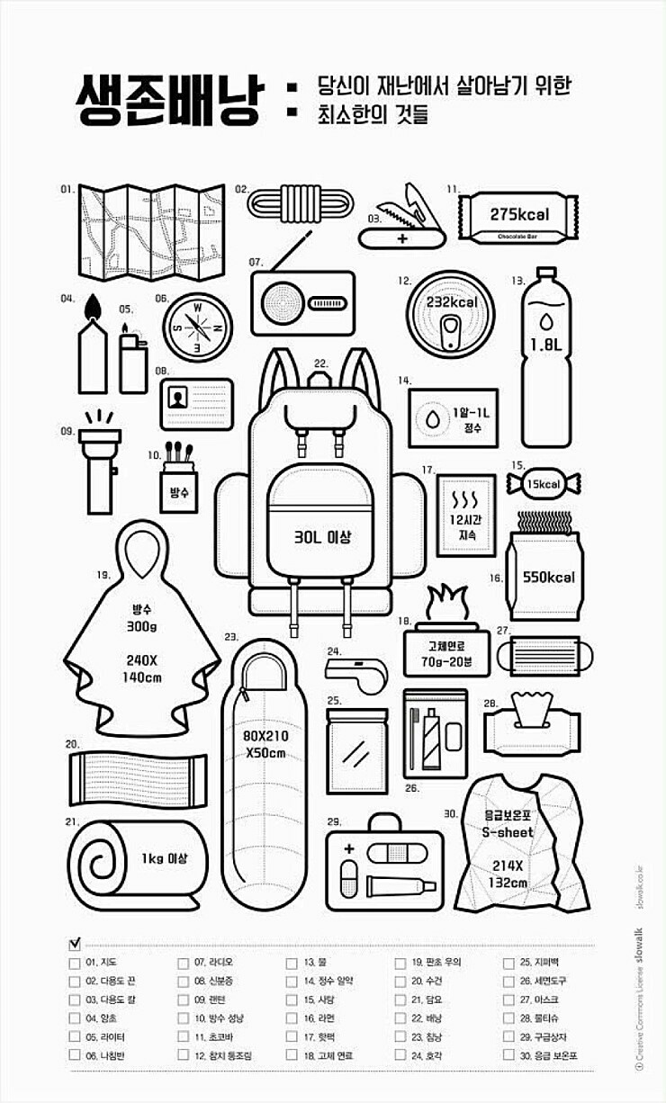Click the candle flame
pyautogui.click(x=92, y=309)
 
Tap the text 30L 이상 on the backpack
pyautogui.click(x=321, y=537)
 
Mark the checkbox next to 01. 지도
pyautogui.click(x=74, y=962)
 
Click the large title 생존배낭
pyautogui.click(x=168, y=99)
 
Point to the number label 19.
pyautogui.click(x=103, y=573)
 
